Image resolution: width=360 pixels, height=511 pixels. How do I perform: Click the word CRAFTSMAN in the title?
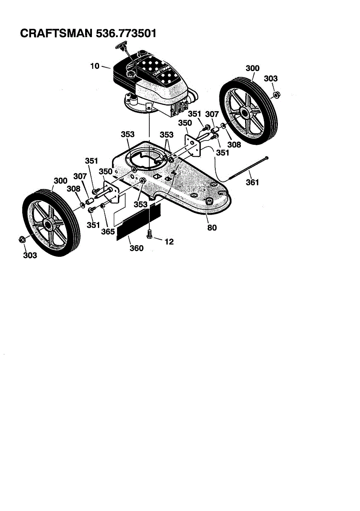coord(56,33)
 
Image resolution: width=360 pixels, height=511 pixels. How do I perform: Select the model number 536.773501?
coord(124,33)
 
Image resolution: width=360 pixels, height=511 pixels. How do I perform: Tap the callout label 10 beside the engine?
coord(94,66)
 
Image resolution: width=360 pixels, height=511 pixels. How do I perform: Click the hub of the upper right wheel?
coord(246,112)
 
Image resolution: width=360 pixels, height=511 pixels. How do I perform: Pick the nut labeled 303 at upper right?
coord(275,94)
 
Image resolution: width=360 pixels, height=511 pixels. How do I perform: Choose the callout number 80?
coord(211,227)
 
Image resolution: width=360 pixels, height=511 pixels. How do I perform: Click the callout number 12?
coord(169,241)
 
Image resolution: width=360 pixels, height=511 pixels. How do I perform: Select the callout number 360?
coord(136,248)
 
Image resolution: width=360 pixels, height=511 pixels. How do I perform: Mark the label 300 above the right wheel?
coord(252,68)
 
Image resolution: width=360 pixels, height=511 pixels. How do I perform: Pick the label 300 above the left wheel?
coord(60,181)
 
